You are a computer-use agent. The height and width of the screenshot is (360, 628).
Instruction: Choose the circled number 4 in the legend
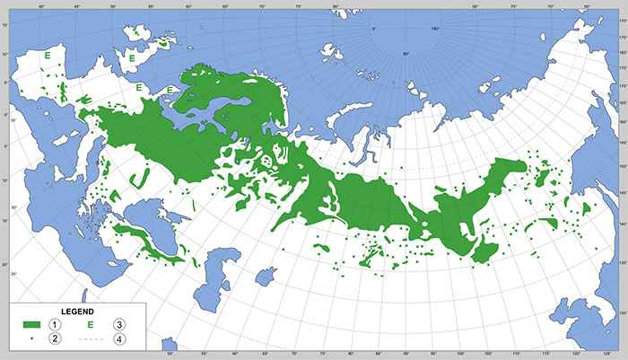[x=118, y=338]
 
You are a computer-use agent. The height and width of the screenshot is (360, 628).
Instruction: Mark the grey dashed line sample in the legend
[x=91, y=338]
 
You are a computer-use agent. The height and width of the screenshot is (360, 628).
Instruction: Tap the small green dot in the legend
[x=31, y=338]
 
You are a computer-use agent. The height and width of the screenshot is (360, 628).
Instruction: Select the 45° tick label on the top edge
[x=77, y=5]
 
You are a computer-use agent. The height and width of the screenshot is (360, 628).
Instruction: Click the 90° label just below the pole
[x=405, y=55]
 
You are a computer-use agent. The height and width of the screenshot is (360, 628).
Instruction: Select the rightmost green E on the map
[x=170, y=90]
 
